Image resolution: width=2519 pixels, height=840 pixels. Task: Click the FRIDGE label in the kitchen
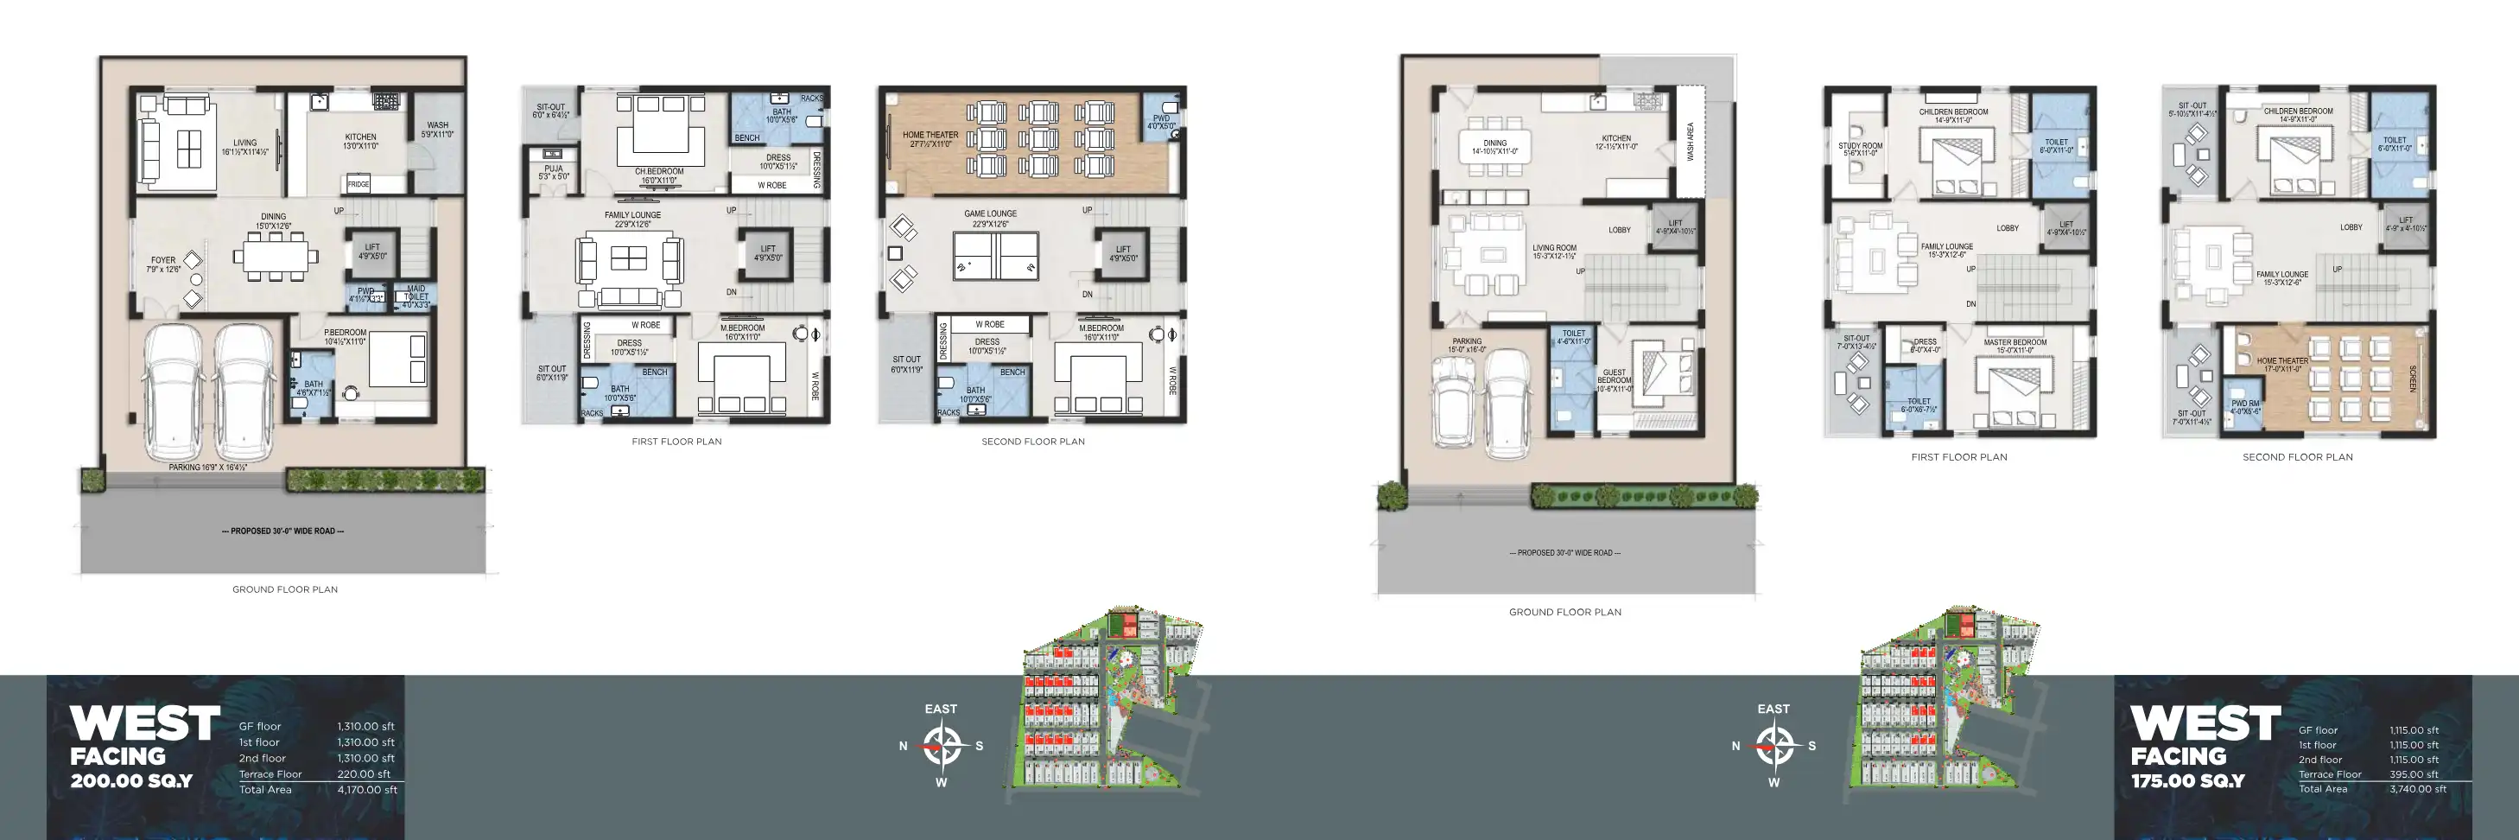click(x=358, y=184)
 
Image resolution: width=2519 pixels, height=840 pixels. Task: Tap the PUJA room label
click(x=554, y=172)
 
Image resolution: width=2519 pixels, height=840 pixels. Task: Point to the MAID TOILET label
click(x=416, y=296)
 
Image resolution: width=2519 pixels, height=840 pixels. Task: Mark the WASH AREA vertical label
click(x=1690, y=142)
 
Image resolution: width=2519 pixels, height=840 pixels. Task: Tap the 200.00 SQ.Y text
click(x=131, y=781)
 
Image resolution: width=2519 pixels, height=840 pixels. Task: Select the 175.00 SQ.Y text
click(x=2187, y=781)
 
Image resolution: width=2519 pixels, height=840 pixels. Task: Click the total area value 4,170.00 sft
click(x=366, y=790)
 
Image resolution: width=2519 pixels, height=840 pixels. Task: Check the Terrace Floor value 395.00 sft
click(x=2414, y=774)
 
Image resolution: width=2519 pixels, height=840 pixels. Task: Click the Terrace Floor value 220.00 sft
click(x=364, y=774)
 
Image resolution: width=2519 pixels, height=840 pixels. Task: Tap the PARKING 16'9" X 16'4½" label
click(x=207, y=468)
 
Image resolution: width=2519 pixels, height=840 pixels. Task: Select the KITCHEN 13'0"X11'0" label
click(x=360, y=141)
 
